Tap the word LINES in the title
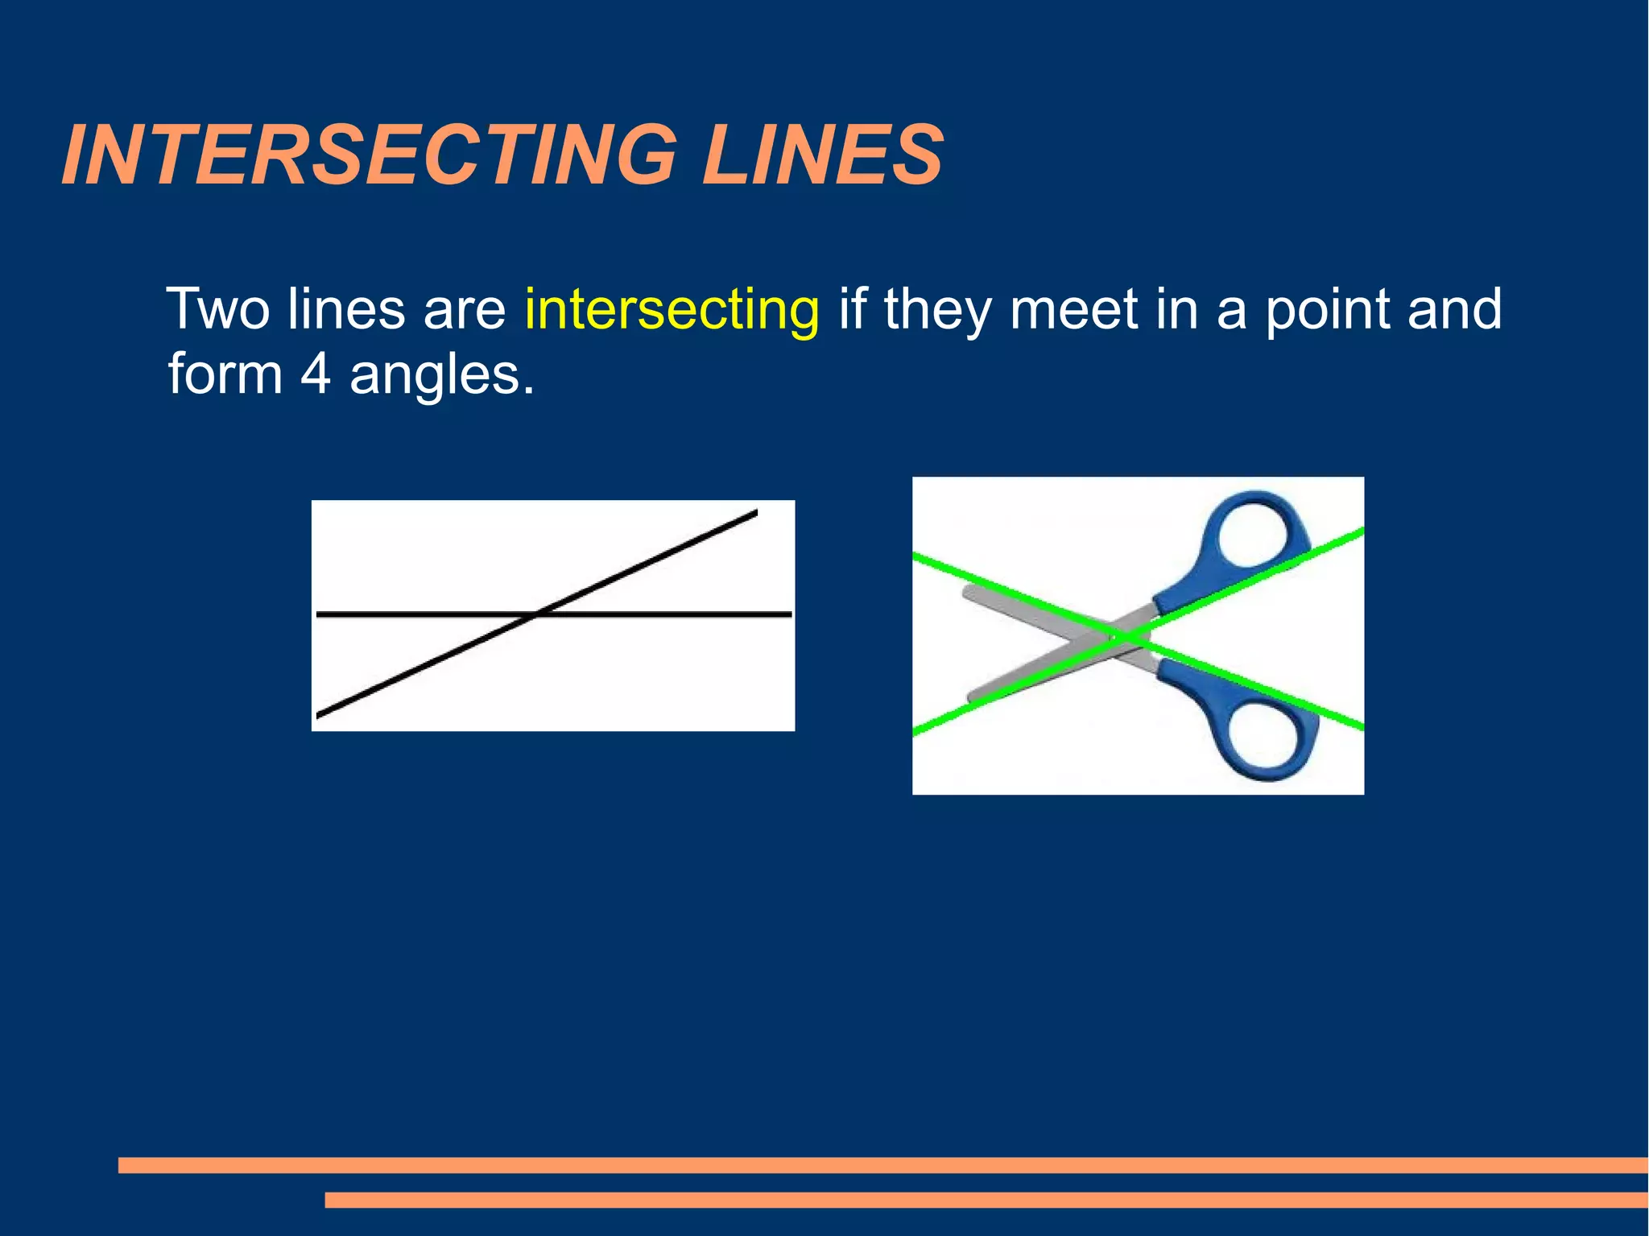822,155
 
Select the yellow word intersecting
672,310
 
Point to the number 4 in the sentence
316,375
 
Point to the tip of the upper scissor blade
967,593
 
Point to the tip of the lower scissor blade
972,697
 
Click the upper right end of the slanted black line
755,512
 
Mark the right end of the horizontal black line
790,614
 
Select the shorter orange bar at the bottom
986,1200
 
